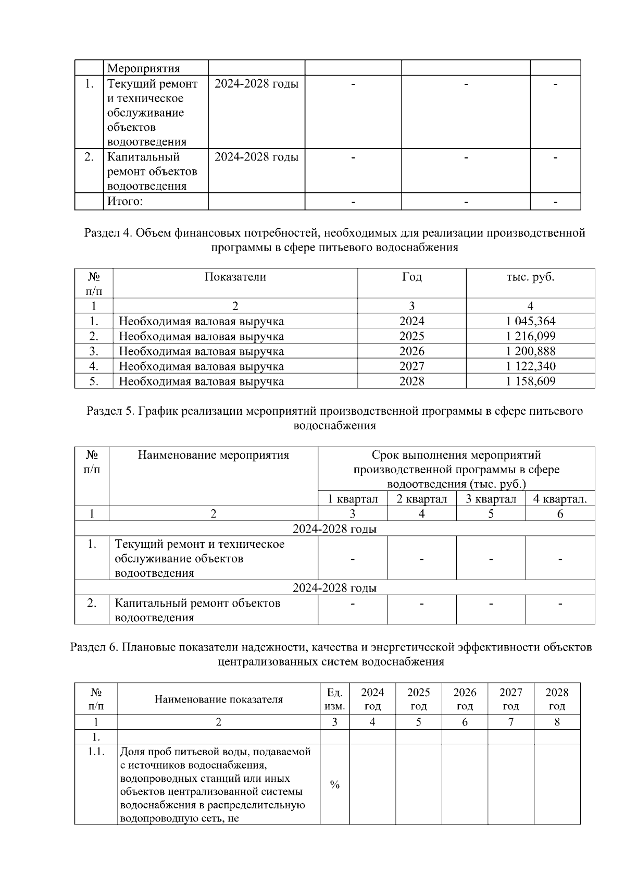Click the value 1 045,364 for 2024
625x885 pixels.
(x=530, y=321)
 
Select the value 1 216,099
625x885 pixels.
(x=530, y=336)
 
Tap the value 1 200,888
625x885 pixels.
(x=530, y=351)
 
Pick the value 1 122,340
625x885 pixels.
(x=530, y=366)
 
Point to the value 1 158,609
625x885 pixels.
(x=530, y=382)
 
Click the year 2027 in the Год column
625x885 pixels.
(x=411, y=366)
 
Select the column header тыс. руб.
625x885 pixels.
(x=530, y=277)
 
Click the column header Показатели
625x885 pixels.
(x=235, y=277)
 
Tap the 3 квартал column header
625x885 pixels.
(x=491, y=499)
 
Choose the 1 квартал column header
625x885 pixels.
(x=353, y=499)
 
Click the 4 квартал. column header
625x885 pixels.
(x=560, y=499)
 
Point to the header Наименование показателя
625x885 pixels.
(x=218, y=699)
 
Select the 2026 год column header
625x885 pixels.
(x=465, y=699)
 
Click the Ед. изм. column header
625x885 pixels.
(x=334, y=699)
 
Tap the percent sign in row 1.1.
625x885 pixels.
(x=334, y=785)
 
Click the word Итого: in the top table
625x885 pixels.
(x=125, y=202)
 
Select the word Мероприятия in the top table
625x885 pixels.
(x=143, y=68)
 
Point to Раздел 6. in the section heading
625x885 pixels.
(x=94, y=648)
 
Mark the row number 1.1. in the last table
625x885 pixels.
(x=96, y=752)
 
